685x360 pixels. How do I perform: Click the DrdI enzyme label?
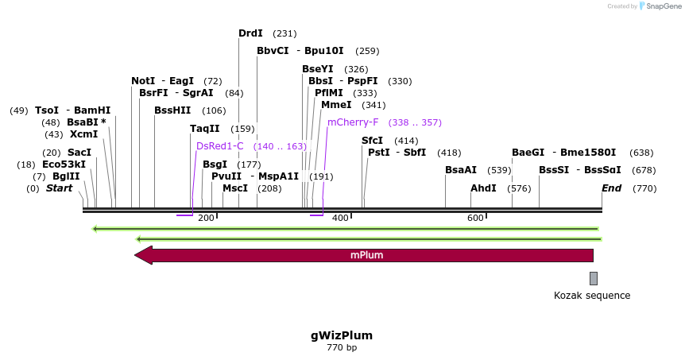click(250, 33)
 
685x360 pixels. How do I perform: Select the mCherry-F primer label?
click(353, 122)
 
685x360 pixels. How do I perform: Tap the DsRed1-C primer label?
click(220, 146)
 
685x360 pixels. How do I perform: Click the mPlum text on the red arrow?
click(367, 255)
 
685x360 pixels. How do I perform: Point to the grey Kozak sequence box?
click(593, 278)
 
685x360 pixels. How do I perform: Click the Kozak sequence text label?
click(592, 296)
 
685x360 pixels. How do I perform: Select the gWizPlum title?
click(342, 335)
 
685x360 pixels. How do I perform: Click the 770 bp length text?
click(342, 348)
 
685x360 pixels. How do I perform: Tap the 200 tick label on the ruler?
click(206, 218)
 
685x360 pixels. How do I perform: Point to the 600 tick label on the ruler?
click(475, 218)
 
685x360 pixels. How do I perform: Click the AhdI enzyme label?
click(483, 188)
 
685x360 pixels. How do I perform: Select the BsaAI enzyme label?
click(461, 170)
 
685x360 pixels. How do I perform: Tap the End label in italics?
click(611, 188)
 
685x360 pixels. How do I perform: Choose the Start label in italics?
click(59, 188)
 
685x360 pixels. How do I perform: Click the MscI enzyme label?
click(235, 188)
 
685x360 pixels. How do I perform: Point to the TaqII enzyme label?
click(204, 129)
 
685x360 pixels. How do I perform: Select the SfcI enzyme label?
click(372, 141)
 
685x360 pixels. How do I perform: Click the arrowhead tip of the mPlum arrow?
click(136, 255)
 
